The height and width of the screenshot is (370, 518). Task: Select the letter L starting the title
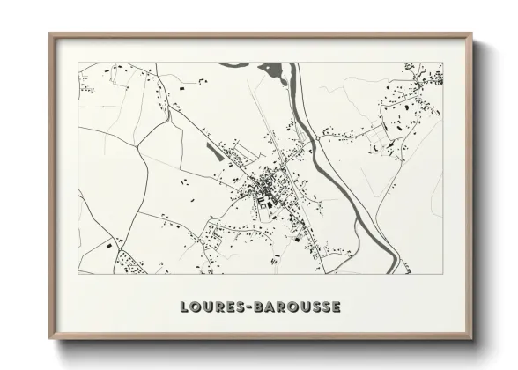pyautogui.click(x=184, y=307)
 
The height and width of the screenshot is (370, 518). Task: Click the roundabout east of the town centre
pyautogui.click(x=314, y=138)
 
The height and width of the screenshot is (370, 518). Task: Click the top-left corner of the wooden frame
pyautogui.click(x=50, y=34)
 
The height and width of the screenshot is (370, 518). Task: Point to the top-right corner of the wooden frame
pyautogui.click(x=471, y=34)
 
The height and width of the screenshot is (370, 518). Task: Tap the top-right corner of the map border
pyautogui.click(x=442, y=62)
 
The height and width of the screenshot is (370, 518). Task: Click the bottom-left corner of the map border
pyautogui.click(x=78, y=273)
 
